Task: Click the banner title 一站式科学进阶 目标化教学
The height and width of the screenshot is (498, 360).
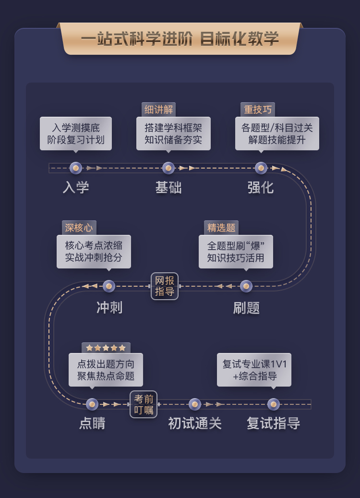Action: coord(180,39)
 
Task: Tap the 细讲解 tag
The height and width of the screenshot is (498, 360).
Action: coord(158,109)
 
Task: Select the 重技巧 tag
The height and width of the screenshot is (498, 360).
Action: coord(257,109)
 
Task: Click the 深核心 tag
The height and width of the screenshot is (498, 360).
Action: coord(79,228)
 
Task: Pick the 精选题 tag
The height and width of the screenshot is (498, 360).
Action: coord(221,228)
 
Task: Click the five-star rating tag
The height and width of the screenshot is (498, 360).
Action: coord(106,348)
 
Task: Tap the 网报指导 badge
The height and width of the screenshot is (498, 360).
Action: coord(165,286)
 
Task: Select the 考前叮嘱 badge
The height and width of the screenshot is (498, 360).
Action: coord(144,404)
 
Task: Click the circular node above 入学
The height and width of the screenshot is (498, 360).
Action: coord(75,168)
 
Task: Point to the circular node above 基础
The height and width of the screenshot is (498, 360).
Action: coord(168,168)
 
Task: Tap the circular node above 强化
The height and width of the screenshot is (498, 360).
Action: coord(261,168)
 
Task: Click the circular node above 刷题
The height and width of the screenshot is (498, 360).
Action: coord(246,286)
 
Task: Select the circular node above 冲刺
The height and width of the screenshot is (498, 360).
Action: coord(109,286)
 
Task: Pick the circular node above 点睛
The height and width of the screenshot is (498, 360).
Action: coord(92,404)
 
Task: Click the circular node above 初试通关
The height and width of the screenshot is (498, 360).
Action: coord(195,404)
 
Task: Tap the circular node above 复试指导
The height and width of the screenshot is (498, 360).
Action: coord(273,404)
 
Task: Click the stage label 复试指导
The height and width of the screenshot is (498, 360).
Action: coord(273,424)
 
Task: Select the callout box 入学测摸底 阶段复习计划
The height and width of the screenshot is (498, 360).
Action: coord(75,134)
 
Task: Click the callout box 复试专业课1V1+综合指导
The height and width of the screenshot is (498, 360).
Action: coord(254,370)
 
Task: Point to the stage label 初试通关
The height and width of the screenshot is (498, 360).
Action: coord(195,424)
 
